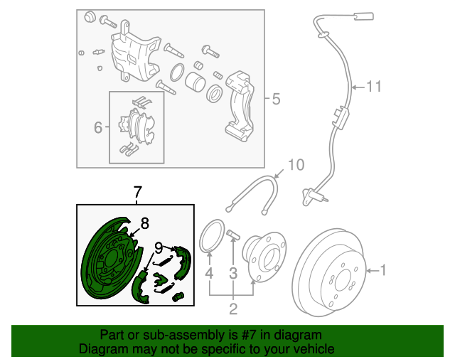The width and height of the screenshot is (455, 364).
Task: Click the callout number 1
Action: pos(383,270)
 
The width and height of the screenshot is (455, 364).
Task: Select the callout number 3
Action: pos(232,273)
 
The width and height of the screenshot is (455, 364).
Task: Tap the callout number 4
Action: pos(209,273)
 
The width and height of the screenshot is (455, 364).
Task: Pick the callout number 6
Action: pos(98,127)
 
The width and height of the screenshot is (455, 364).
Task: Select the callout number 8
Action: pos(144,223)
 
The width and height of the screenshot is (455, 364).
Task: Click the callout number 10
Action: pos(295,165)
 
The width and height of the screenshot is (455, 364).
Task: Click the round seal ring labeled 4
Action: pos(209,237)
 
